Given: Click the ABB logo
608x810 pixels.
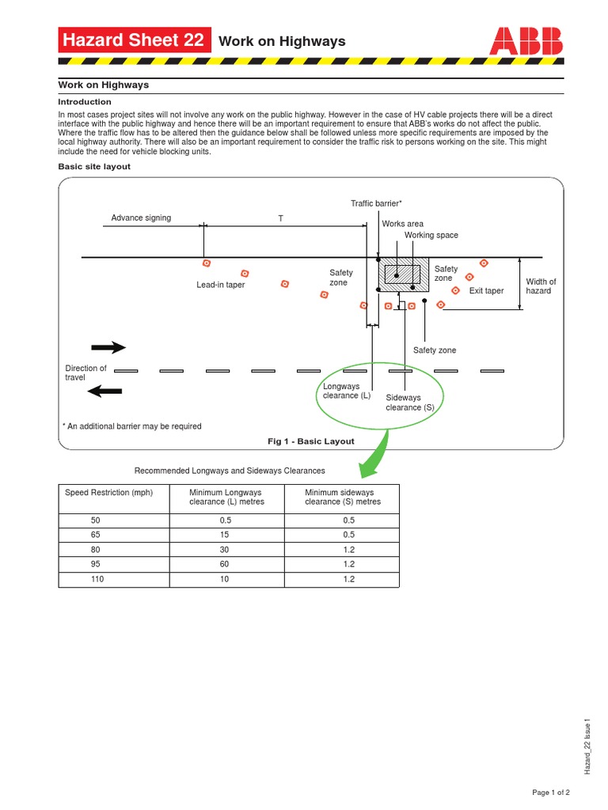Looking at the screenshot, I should click(526, 40).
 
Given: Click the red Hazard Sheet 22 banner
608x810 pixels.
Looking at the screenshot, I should click(135, 40).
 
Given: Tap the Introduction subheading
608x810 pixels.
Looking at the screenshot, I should click(85, 102).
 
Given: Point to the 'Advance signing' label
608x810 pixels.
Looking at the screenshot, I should click(141, 218).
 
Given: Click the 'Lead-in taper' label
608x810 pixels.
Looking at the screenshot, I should click(221, 285).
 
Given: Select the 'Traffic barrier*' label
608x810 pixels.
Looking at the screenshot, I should click(377, 204).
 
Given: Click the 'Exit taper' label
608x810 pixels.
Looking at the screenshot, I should click(486, 291).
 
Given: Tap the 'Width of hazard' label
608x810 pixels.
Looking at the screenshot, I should click(541, 286).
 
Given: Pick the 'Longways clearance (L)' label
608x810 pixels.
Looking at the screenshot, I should click(347, 391).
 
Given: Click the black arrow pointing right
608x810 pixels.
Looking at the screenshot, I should click(108, 347).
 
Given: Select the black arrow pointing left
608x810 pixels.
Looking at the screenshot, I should click(104, 390).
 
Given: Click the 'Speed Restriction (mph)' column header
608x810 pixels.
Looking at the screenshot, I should click(108, 492).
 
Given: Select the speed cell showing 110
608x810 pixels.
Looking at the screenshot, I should click(97, 579).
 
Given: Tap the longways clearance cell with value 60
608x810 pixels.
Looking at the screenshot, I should click(225, 564).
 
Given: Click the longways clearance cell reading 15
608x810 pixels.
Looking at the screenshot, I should click(225, 535).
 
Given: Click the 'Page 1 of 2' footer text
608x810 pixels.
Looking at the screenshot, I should click(551, 792).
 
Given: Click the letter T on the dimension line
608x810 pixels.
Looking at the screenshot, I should click(280, 218).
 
